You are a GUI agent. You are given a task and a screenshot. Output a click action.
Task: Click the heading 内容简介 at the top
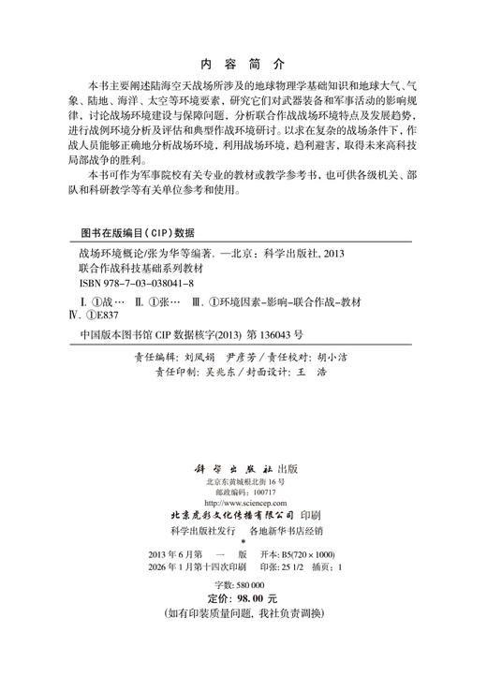243,66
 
